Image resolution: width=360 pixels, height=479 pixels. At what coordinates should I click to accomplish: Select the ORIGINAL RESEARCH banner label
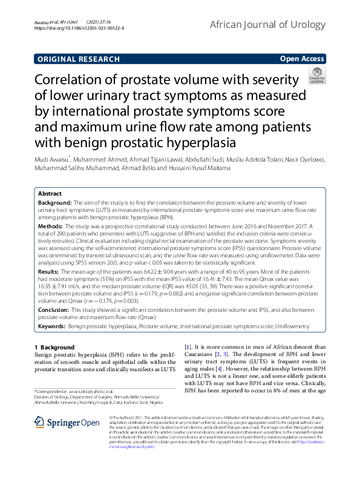[78, 59]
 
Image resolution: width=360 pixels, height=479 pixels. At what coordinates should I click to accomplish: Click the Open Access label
[303, 59]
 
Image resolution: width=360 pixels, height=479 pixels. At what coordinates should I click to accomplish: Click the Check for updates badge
[316, 80]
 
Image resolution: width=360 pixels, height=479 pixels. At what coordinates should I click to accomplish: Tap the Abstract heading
[50, 194]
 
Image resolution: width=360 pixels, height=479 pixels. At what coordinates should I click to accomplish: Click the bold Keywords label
[53, 326]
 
